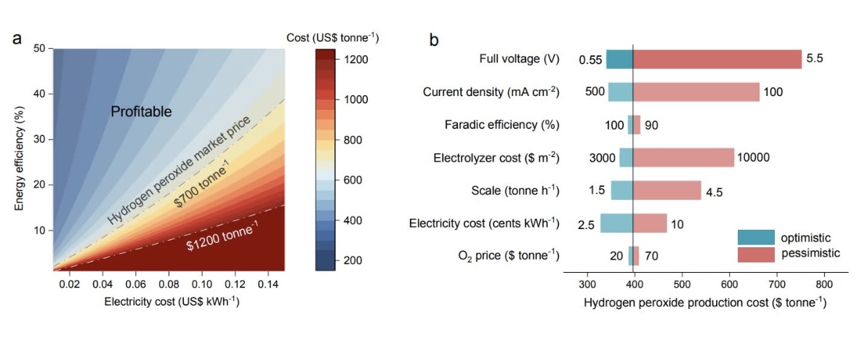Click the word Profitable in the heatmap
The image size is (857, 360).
pyautogui.click(x=141, y=112)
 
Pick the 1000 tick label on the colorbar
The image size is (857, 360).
pyautogui.click(x=358, y=99)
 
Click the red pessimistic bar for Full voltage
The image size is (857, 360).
pyautogui.click(x=717, y=59)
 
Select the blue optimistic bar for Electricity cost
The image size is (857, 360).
pyautogui.click(x=616, y=223)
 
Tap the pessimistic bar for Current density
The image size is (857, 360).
pyautogui.click(x=696, y=92)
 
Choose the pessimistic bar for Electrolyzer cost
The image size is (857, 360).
pyautogui.click(x=683, y=157)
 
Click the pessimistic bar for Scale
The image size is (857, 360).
pyautogui.click(x=667, y=191)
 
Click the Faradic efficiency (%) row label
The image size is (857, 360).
pyautogui.click(x=502, y=125)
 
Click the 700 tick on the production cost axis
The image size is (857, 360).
pyautogui.click(x=776, y=284)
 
